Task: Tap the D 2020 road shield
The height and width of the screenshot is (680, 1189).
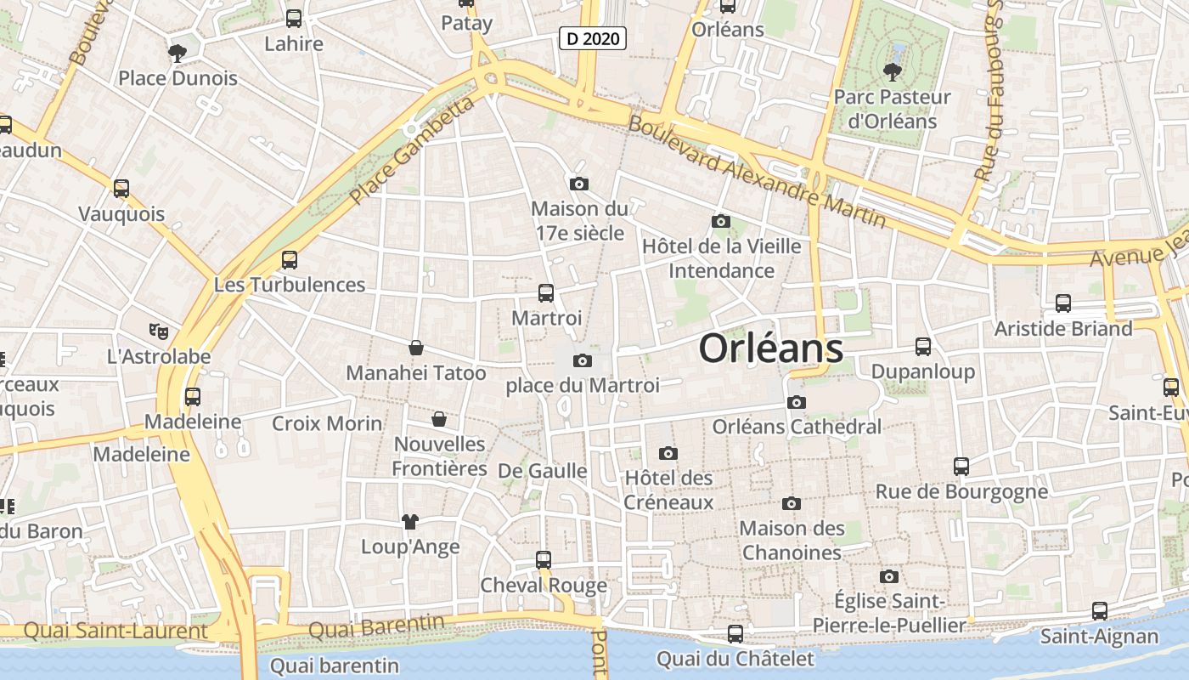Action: tap(593, 38)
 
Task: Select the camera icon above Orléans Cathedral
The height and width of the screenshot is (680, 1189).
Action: tap(796, 403)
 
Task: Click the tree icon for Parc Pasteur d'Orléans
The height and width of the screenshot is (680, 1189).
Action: tap(892, 71)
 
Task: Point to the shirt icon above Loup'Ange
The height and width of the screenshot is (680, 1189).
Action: tap(410, 521)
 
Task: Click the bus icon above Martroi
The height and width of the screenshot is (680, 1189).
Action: tap(546, 293)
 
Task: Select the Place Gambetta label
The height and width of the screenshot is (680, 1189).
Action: tap(411, 150)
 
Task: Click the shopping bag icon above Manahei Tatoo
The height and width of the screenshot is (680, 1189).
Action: tap(415, 348)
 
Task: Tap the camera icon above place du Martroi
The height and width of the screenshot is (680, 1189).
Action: tap(582, 360)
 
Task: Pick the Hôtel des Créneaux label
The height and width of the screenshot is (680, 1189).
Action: tap(668, 490)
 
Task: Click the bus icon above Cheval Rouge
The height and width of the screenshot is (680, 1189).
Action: tap(544, 560)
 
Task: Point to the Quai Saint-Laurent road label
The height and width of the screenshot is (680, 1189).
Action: tap(116, 631)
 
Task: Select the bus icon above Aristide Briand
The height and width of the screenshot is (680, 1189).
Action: tap(1062, 303)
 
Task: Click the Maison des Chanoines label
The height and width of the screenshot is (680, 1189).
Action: tap(791, 540)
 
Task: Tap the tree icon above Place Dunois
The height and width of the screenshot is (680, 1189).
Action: tap(178, 54)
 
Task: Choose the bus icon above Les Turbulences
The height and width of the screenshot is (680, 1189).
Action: tap(290, 260)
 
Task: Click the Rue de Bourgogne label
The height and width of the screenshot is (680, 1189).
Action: tap(961, 491)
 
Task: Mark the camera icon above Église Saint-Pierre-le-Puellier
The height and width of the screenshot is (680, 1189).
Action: tap(889, 577)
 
